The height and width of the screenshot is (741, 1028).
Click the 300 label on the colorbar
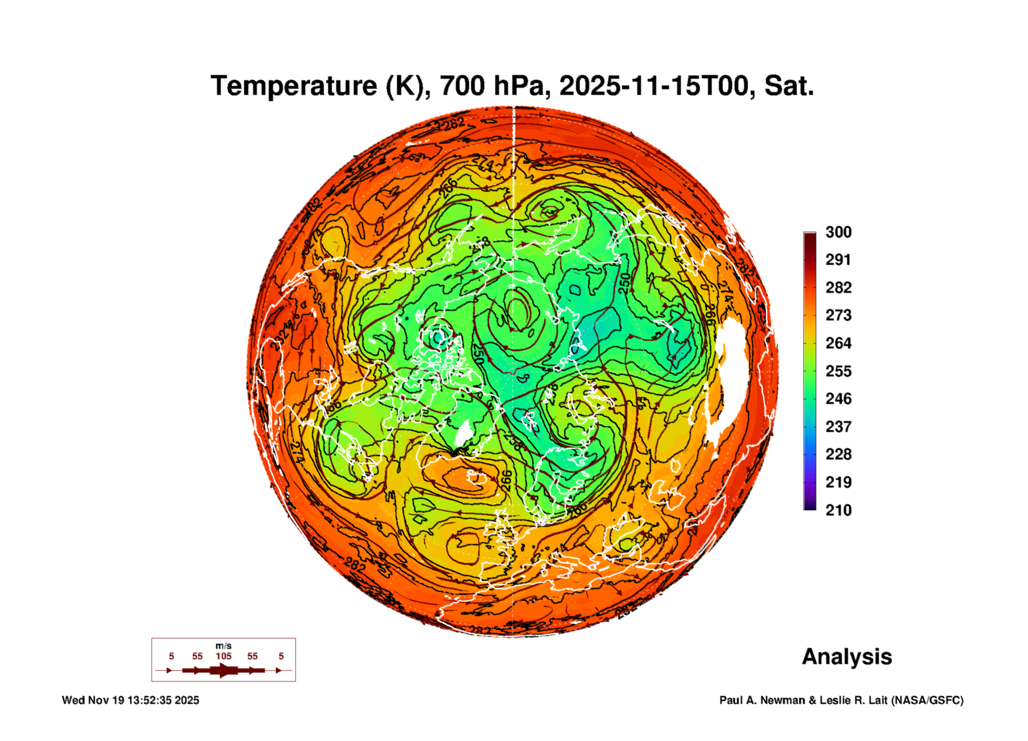pos(838,232)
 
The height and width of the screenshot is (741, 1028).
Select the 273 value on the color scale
pos(838,315)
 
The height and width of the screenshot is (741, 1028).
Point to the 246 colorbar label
pos(838,399)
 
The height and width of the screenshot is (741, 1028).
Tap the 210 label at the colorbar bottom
pos(838,510)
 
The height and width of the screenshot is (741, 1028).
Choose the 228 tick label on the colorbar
pos(838,454)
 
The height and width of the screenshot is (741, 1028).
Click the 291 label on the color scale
pos(838,260)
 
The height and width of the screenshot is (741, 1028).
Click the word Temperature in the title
pos(293,86)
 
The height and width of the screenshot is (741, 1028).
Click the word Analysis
pos(847,657)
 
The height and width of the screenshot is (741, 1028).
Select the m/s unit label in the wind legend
pos(223,646)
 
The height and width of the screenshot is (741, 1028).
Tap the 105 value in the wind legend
pos(223,656)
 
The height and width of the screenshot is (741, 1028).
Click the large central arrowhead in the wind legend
pos(223,670)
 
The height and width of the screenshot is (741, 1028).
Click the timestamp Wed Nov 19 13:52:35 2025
pos(131,700)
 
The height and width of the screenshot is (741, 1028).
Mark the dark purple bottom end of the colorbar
pos(810,507)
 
